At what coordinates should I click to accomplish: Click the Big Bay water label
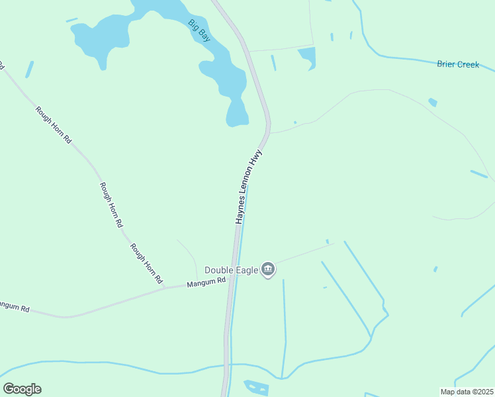point(199,31)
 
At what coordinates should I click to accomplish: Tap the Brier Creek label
point(458,64)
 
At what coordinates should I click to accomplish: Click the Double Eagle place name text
point(231,270)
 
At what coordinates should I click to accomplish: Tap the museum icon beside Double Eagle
point(268,269)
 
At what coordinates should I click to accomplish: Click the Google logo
point(22,389)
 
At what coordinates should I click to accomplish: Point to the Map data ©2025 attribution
point(467,392)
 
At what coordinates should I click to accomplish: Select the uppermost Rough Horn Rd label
point(53,126)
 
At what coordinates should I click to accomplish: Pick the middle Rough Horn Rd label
point(111,205)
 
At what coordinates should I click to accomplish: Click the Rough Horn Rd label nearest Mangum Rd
point(146,264)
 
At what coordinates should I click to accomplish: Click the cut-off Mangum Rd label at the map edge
point(13,306)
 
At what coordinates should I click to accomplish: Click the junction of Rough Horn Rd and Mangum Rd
point(165,288)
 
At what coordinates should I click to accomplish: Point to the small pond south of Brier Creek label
point(433,102)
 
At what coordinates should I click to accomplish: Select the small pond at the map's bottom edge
point(255,388)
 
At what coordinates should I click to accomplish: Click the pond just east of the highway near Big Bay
point(308,58)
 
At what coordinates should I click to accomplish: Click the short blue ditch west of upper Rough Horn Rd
point(29,69)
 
